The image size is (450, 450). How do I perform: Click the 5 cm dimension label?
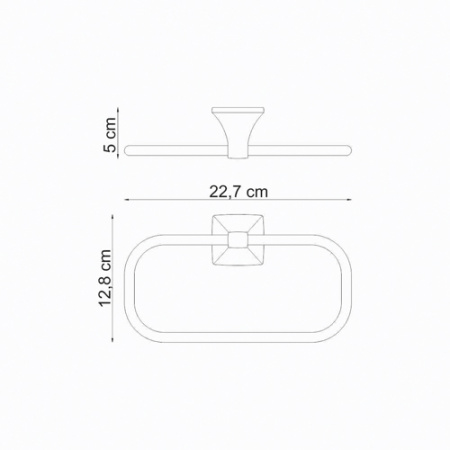(x=110, y=135)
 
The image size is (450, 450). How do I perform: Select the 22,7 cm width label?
(x=238, y=192)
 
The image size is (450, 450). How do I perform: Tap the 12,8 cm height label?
(x=105, y=278)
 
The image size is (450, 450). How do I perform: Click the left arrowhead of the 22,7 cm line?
(x=127, y=200)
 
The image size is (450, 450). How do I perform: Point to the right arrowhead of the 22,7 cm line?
(x=349, y=200)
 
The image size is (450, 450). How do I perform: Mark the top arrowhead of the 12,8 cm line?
(x=112, y=217)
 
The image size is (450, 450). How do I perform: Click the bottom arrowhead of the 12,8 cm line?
(x=112, y=338)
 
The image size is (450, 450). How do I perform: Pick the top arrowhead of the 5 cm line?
(x=118, y=110)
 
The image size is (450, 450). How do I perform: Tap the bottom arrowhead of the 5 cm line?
(x=118, y=156)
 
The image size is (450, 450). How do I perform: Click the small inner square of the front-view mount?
(x=237, y=240)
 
